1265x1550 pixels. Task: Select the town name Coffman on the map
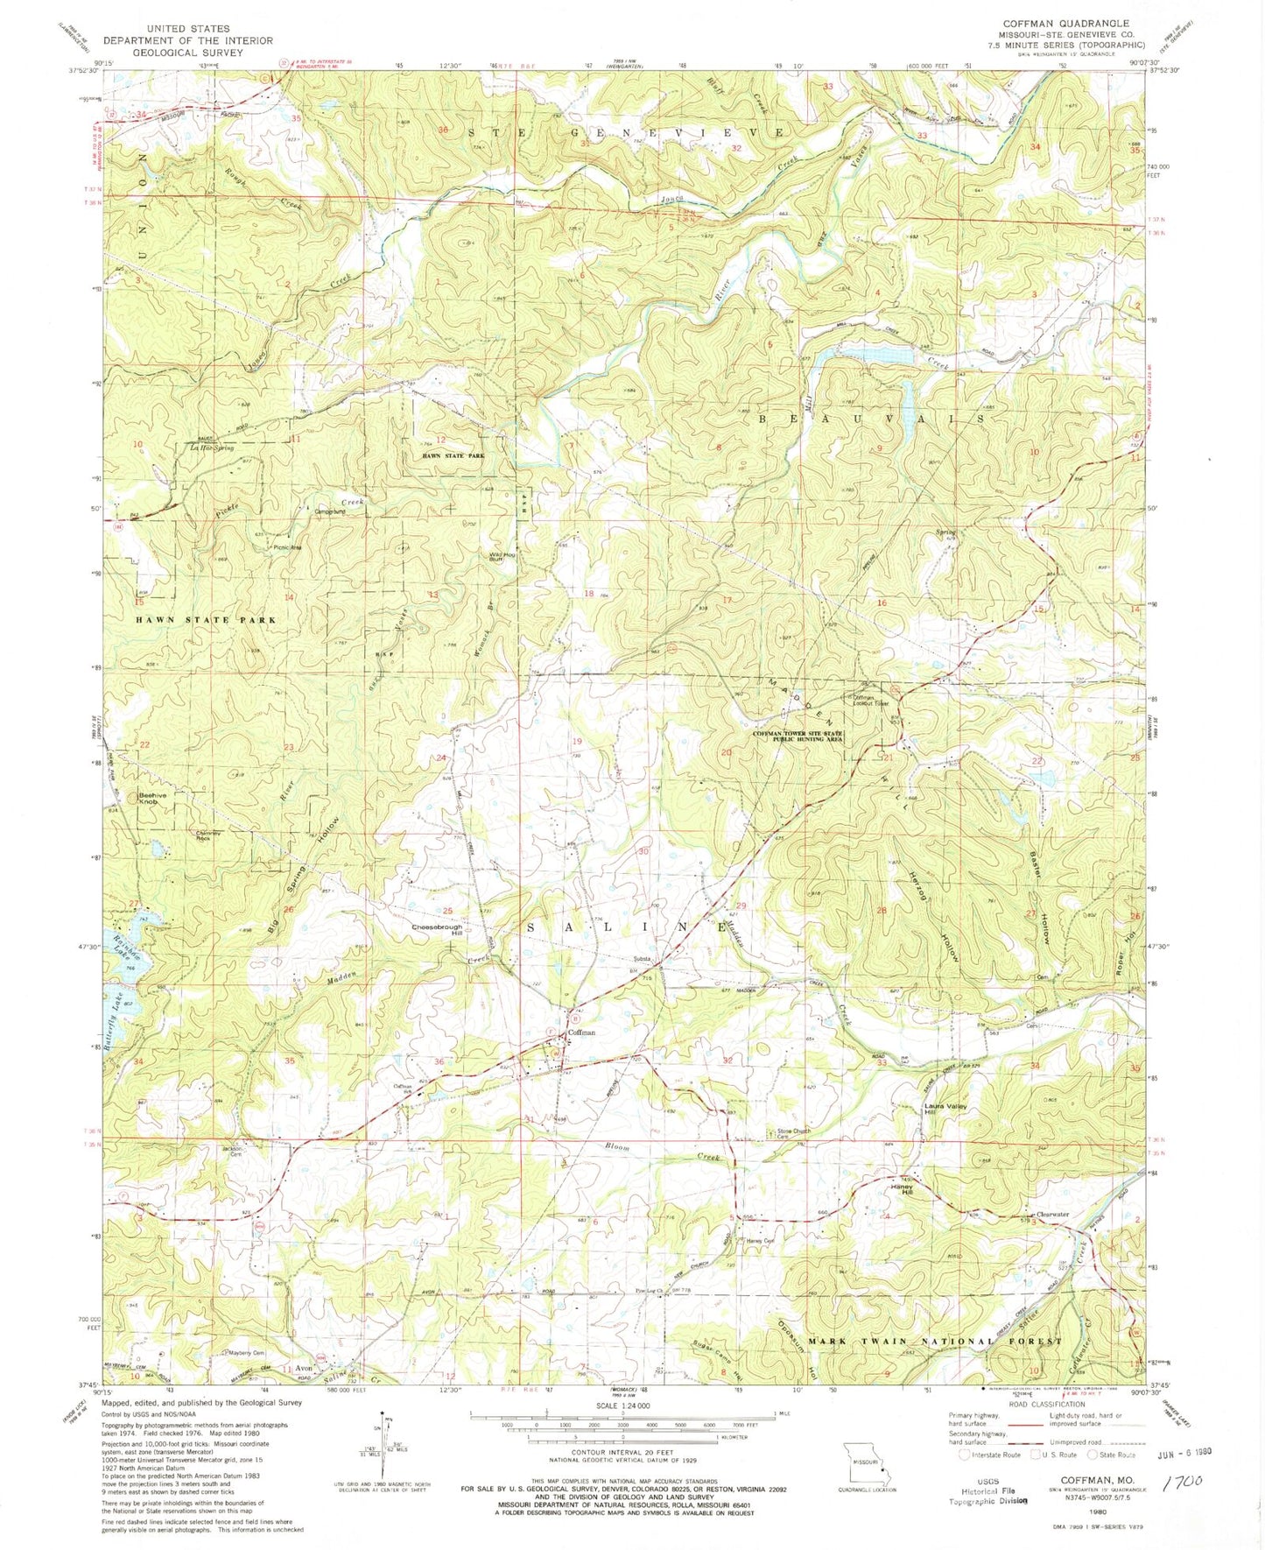pos(581,1032)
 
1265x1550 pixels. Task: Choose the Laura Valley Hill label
pos(945,1110)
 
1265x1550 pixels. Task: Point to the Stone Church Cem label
pos(795,1133)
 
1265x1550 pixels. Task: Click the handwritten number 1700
pos(1184,1481)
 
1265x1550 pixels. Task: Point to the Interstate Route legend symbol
pos(965,1455)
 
